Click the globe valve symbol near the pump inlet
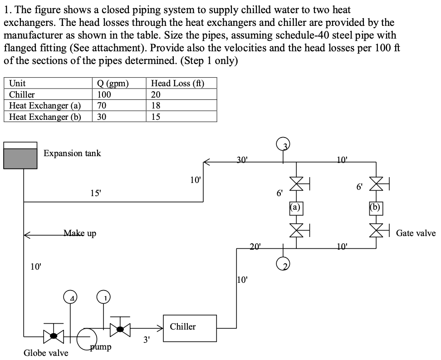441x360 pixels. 54,336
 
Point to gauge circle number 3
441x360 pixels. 284,144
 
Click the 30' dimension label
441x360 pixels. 243,160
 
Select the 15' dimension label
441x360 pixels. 95,192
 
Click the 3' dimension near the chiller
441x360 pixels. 146,339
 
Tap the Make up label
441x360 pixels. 79,233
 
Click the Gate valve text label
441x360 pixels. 415,233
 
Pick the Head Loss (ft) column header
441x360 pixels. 177,83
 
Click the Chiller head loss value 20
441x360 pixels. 156,94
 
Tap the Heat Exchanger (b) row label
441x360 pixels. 45,117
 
